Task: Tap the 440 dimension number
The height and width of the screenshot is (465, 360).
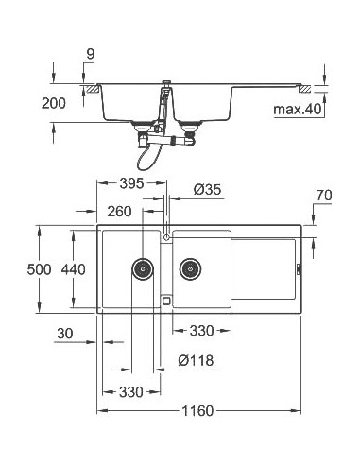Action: (75, 269)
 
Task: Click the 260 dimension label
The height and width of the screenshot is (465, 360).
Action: (120, 212)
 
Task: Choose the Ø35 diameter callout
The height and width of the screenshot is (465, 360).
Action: (207, 190)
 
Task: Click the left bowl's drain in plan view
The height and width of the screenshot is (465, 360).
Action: (143, 269)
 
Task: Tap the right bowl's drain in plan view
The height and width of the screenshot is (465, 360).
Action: (190, 269)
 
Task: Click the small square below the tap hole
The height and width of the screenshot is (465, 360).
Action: (167, 301)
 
